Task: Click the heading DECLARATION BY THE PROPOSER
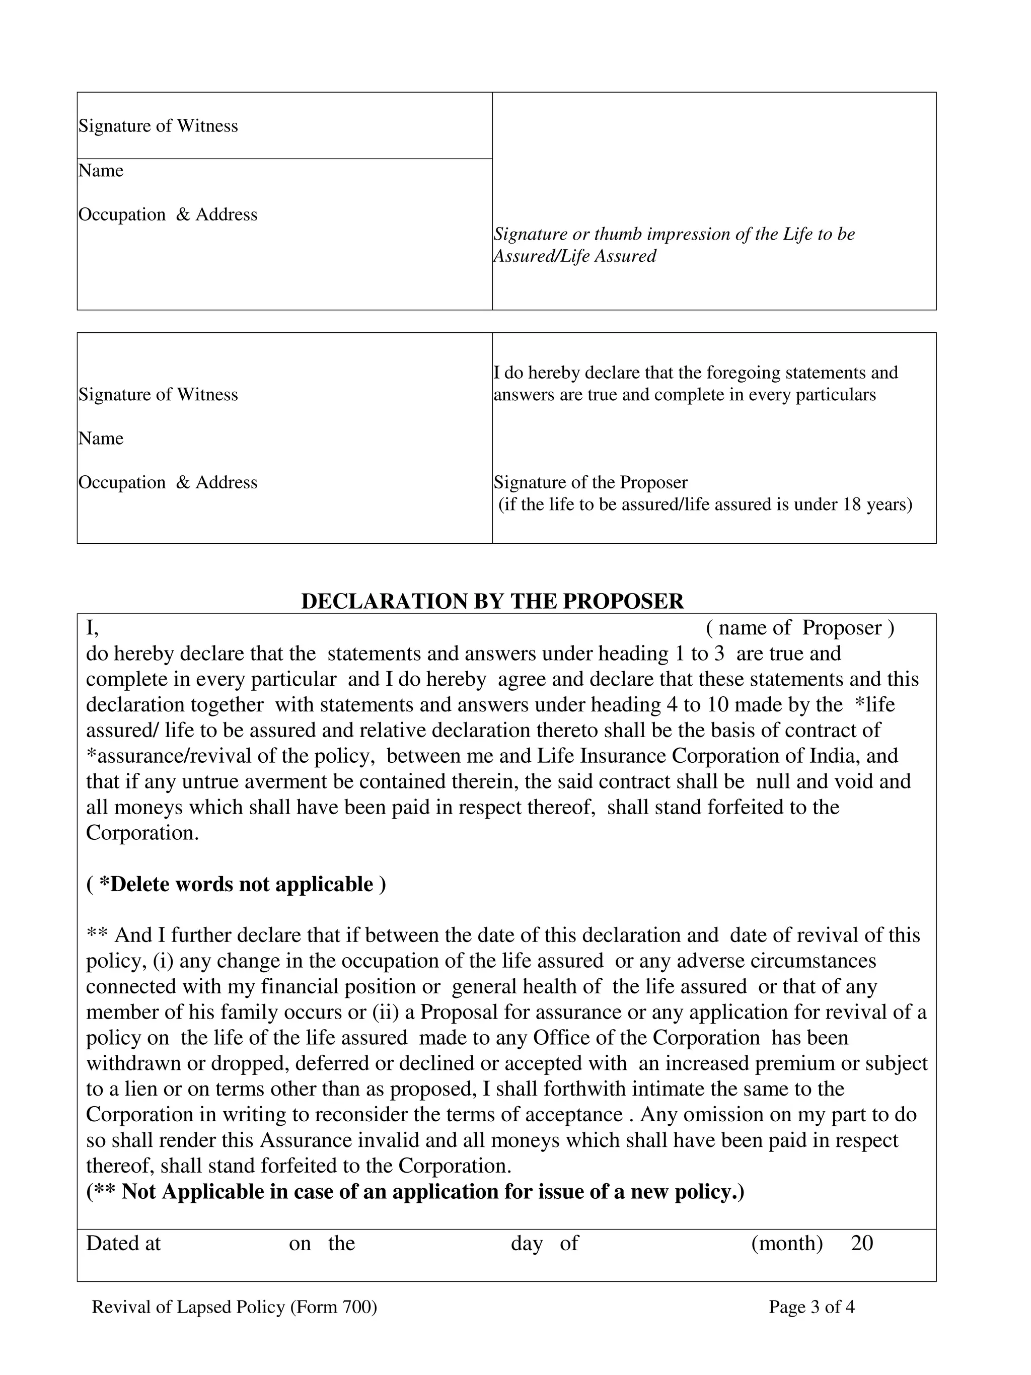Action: [x=492, y=601]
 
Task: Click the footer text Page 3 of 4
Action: [x=811, y=1307]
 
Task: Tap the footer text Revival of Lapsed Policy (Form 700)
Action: [x=234, y=1307]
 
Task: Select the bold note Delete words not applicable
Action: [x=236, y=884]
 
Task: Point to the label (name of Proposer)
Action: [x=800, y=628]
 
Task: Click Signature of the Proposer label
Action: [x=591, y=482]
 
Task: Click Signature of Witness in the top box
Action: [x=158, y=126]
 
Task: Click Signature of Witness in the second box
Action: [x=158, y=395]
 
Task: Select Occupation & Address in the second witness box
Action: [x=168, y=482]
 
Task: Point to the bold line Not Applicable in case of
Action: [x=415, y=1192]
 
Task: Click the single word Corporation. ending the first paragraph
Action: [x=142, y=833]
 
